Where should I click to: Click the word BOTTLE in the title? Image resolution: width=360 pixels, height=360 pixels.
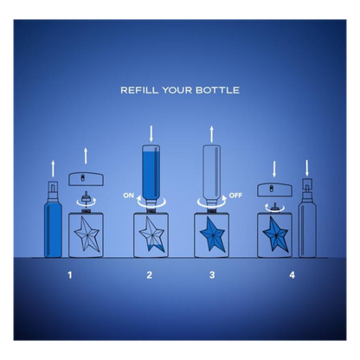click(x=217, y=90)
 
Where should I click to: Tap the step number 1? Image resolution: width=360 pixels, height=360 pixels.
click(x=69, y=275)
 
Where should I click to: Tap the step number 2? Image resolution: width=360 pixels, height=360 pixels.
click(x=149, y=275)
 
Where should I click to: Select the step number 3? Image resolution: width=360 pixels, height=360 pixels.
click(x=212, y=275)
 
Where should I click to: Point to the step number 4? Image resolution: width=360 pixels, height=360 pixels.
click(x=292, y=275)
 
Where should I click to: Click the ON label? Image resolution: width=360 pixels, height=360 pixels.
click(x=128, y=196)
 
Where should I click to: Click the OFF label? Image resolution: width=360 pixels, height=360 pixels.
click(x=235, y=196)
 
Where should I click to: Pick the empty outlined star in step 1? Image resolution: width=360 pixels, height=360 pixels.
click(x=87, y=235)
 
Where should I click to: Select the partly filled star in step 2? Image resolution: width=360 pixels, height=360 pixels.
click(x=151, y=235)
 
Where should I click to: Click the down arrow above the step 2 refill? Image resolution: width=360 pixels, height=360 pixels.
click(x=151, y=134)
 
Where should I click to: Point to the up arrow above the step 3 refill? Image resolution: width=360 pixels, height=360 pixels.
click(x=212, y=134)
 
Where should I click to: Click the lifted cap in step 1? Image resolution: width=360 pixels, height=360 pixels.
click(x=86, y=179)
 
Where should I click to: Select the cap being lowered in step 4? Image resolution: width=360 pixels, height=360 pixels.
click(x=274, y=190)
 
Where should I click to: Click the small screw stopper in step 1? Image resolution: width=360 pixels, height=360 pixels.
click(x=86, y=198)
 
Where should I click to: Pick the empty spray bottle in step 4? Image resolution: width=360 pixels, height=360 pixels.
click(x=307, y=218)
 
